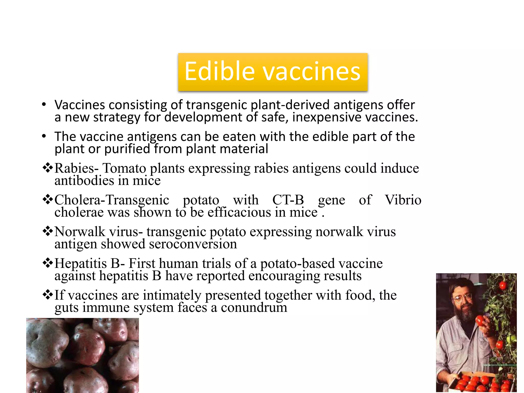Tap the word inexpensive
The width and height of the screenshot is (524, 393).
click(x=327, y=117)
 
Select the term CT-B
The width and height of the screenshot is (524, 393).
click(x=288, y=200)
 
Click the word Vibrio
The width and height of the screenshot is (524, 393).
click(x=403, y=200)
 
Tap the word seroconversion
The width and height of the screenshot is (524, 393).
click(x=193, y=244)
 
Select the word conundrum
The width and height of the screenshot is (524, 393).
click(x=254, y=308)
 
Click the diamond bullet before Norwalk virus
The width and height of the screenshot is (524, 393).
click(x=48, y=231)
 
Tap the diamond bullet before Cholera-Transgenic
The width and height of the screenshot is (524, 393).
click(x=48, y=200)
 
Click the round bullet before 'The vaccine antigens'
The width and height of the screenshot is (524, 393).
click(x=44, y=136)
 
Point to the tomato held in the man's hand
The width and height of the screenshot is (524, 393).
click(x=481, y=320)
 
